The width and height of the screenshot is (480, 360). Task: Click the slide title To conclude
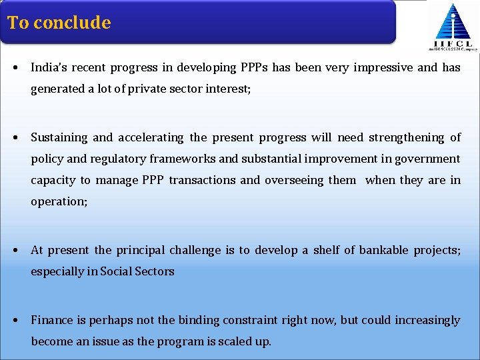tap(59, 23)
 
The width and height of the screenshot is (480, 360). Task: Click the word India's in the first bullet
tap(47, 67)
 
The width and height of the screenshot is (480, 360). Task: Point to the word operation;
tap(59, 201)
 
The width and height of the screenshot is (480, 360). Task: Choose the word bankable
tap(383, 250)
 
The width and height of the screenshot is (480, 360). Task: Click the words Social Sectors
tap(137, 271)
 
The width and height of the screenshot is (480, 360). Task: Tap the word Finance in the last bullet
tap(52, 320)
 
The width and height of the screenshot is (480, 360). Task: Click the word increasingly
tap(427, 320)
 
